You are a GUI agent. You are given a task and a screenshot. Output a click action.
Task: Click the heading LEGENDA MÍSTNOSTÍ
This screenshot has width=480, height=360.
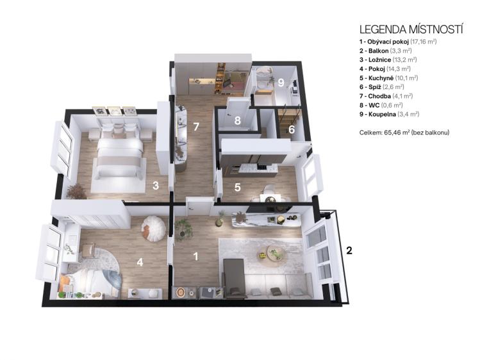(x=411, y=29)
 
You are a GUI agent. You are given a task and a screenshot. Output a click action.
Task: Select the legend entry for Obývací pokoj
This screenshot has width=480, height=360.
(x=398, y=42)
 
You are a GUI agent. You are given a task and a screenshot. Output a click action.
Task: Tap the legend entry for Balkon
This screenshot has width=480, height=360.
(x=385, y=51)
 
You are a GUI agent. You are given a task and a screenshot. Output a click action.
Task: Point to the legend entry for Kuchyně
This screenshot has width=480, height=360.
(x=389, y=78)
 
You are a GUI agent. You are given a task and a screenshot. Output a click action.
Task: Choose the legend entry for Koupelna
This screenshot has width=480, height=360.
(x=390, y=115)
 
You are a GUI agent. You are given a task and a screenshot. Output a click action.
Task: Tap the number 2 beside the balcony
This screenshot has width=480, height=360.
(x=349, y=250)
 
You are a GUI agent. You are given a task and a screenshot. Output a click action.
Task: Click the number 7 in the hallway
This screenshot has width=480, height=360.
(x=196, y=127)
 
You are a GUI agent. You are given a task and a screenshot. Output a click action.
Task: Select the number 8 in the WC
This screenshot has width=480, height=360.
(x=237, y=120)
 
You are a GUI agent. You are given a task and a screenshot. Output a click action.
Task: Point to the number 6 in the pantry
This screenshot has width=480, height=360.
(x=292, y=129)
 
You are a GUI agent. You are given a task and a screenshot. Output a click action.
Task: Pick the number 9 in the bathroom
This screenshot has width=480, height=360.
(x=281, y=82)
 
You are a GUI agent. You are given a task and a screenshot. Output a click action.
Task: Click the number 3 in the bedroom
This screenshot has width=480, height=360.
(x=156, y=185)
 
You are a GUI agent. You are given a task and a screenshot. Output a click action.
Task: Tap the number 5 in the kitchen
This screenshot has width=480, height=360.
(x=237, y=187)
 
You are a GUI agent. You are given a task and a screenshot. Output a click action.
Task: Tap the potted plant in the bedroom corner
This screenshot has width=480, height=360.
(x=76, y=191)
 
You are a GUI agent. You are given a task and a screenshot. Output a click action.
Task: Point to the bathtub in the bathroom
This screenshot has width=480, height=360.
(x=263, y=78)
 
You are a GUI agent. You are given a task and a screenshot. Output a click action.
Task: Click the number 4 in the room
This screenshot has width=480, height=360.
(x=140, y=262)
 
